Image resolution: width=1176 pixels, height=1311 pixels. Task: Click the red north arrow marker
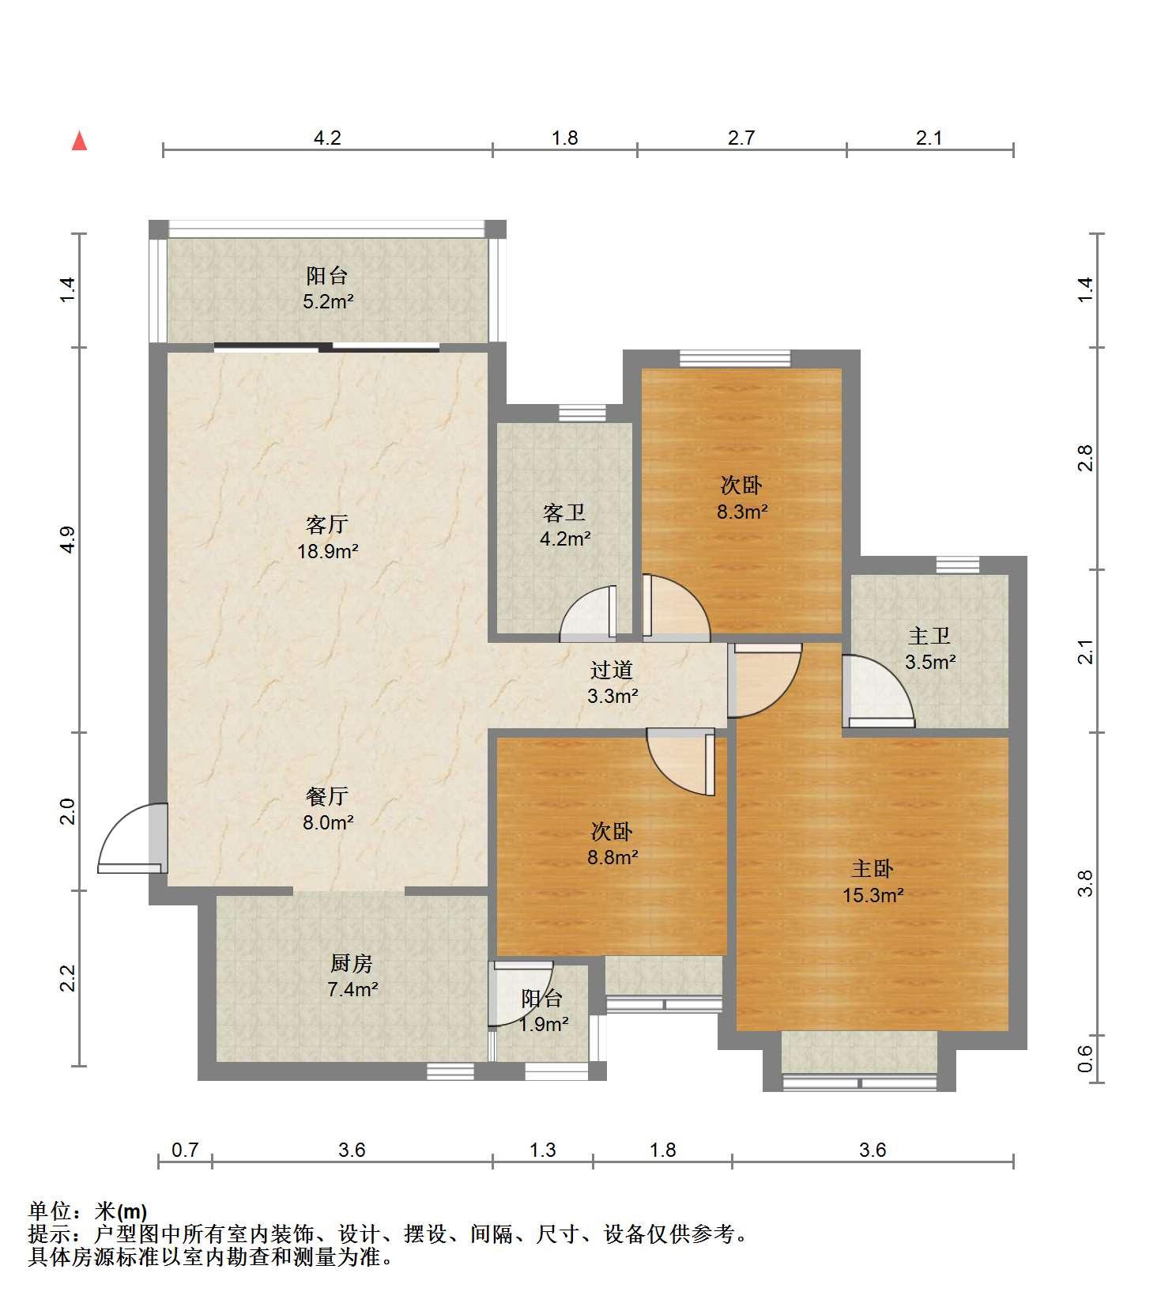click(79, 141)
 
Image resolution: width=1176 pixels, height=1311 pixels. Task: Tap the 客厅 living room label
click(327, 524)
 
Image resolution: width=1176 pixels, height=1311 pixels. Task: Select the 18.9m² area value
click(328, 551)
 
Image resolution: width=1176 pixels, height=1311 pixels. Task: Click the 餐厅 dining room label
click(327, 796)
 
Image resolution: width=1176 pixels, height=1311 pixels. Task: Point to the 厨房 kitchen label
click(351, 963)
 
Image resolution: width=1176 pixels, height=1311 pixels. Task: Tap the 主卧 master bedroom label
click(872, 869)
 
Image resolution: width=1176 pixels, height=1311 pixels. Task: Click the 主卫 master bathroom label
click(929, 635)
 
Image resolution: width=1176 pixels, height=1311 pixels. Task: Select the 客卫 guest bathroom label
click(564, 512)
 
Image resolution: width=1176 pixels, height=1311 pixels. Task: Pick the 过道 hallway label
click(612, 670)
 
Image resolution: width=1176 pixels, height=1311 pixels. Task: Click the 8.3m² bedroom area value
click(742, 512)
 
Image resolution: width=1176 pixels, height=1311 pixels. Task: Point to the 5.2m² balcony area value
click(328, 301)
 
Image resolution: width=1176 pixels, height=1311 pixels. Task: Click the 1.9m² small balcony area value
click(544, 1024)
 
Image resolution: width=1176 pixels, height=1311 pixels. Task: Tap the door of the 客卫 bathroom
click(587, 613)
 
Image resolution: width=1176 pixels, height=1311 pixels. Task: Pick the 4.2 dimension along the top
click(327, 138)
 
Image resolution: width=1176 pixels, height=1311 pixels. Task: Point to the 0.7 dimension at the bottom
click(185, 1150)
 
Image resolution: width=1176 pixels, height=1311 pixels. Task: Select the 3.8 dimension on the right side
click(1085, 883)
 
